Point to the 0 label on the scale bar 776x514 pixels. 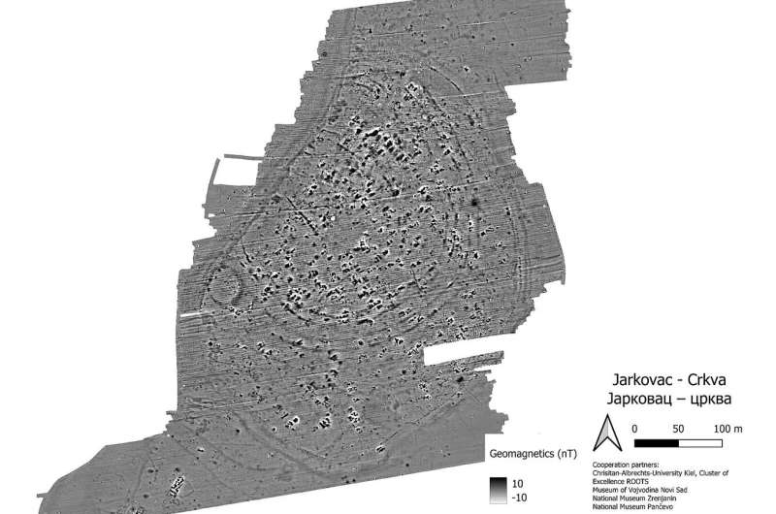633,427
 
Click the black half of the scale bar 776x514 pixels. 655,439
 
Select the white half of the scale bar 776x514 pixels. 700,439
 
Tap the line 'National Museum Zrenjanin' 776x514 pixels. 637,498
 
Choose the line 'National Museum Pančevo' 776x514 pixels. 635,506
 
